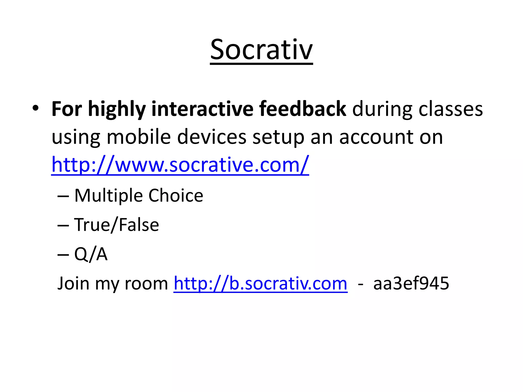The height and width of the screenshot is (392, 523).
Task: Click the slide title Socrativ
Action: (261, 50)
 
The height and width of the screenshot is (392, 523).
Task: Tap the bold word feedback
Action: (303, 109)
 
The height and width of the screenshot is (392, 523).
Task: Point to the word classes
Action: (450, 109)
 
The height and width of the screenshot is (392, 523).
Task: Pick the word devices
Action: (212, 137)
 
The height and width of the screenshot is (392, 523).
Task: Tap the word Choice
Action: (176, 195)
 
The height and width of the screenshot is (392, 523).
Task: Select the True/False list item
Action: (116, 225)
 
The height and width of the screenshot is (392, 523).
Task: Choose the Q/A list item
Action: (91, 254)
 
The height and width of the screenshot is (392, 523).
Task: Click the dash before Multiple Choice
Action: (63, 197)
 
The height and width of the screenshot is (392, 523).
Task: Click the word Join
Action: (73, 284)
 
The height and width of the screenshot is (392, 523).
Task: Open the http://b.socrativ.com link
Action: (260, 284)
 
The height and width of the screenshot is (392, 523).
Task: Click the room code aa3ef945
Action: (411, 284)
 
